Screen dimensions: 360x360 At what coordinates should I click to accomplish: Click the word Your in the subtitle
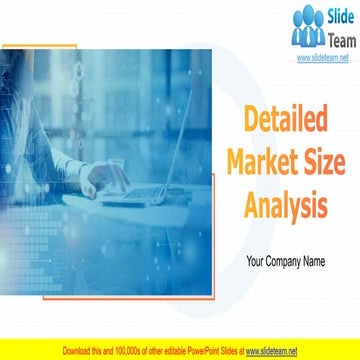tap(256, 262)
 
